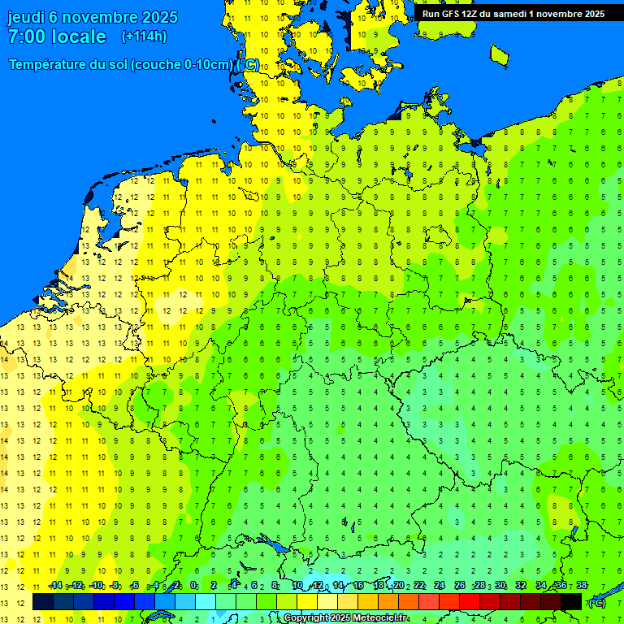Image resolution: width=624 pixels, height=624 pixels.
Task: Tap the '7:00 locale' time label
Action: click(x=57, y=37)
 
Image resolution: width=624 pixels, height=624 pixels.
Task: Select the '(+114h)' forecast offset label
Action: click(x=144, y=37)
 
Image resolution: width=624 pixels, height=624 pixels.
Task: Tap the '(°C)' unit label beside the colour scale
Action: click(x=597, y=603)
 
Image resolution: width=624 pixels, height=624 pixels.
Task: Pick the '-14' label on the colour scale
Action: click(x=55, y=586)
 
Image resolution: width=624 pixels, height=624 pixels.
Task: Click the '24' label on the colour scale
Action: click(x=439, y=586)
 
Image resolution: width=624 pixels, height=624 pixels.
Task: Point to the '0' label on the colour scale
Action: click(x=193, y=586)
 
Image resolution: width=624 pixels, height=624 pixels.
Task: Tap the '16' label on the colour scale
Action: click(x=357, y=586)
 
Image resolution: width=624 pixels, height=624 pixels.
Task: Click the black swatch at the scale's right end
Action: click(x=571, y=602)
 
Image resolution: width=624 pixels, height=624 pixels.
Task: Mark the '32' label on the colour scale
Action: click(x=520, y=586)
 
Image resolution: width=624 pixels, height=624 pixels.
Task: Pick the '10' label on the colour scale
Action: click(x=297, y=586)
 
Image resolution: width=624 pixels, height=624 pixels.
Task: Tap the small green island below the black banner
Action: click(x=500, y=54)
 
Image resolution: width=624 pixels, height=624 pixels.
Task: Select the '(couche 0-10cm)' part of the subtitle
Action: click(x=181, y=65)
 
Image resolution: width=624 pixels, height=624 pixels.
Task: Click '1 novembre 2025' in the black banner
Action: click(x=562, y=14)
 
